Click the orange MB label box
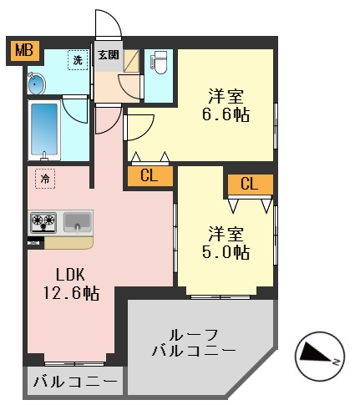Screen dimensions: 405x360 click(23, 51)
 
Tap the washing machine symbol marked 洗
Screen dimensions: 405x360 click(78, 60)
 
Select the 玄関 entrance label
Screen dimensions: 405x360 click(108, 56)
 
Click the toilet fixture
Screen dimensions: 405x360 click(160, 63)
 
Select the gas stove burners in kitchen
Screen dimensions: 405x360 click(43, 222)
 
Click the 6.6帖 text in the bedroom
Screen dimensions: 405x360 click(226, 114)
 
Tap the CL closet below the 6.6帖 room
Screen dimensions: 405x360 click(150, 175)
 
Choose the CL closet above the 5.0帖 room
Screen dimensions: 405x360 click(249, 185)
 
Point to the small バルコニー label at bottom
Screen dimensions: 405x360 click(76, 383)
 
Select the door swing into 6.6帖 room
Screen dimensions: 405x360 click(139, 126)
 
